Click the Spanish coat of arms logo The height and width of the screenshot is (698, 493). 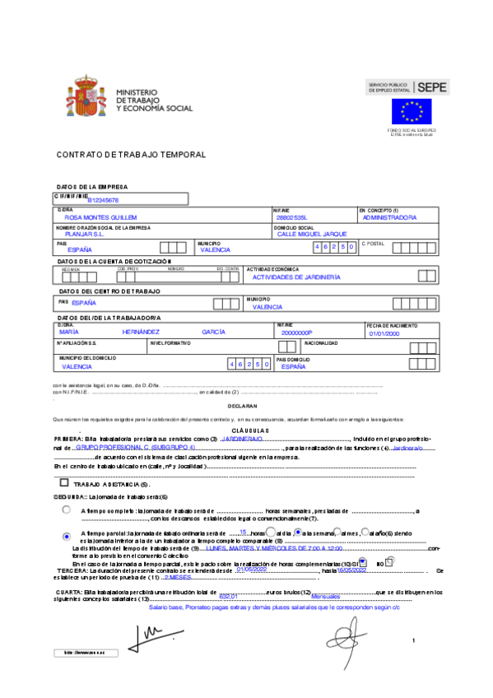coord(81,99)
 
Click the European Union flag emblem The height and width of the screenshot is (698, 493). coord(411,111)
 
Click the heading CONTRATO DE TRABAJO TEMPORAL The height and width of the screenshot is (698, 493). coord(119,155)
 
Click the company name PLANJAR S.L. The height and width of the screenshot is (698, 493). coord(84,234)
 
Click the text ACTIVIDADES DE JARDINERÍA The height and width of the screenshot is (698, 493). coord(296,277)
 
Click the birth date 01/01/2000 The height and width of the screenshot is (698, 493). coord(384,333)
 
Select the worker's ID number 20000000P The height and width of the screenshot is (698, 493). coord(297,332)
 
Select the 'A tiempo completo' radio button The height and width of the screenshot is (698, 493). coord(66,510)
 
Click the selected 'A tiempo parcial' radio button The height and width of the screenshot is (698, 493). coord(66,536)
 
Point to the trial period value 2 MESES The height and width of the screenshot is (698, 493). coord(179,578)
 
